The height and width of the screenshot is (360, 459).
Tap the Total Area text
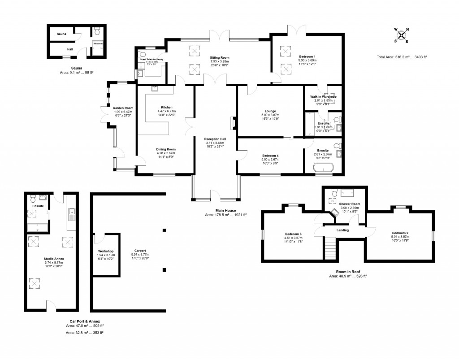(402, 57)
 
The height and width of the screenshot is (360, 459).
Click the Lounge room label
(270, 111)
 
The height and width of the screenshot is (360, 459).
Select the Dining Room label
(166, 149)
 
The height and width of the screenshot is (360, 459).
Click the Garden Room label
(123, 108)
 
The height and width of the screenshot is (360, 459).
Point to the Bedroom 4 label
(271, 156)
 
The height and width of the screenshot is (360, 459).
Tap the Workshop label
(105, 251)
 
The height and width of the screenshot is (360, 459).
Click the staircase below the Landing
(330, 246)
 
